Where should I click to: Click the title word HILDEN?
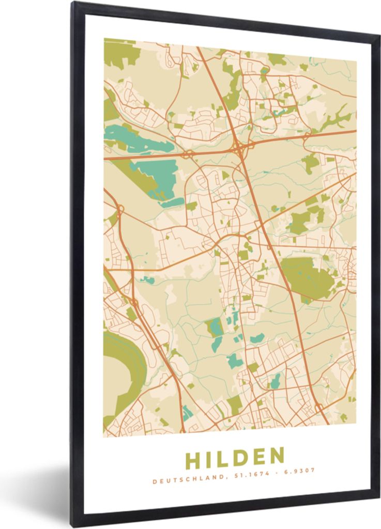click(235, 457)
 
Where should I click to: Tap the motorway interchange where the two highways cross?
click(239, 148)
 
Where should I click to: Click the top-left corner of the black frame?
click(74, 4)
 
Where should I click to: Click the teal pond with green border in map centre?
click(215, 327)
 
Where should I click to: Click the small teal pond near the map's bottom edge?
click(187, 412)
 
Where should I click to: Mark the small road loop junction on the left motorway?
click(119, 210)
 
